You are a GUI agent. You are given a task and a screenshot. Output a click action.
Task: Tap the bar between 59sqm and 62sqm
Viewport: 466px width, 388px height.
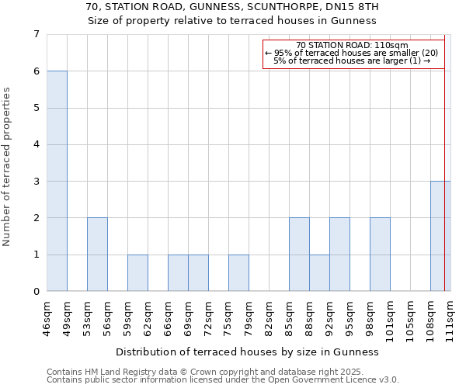coord(137,273)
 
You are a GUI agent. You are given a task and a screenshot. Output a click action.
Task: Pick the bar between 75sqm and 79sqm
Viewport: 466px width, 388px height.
coord(238,273)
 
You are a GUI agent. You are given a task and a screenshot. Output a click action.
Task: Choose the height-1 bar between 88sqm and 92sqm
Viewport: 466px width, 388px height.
coord(319,273)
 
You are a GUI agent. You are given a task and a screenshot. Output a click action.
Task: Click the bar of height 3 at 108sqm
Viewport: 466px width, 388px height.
coord(440,236)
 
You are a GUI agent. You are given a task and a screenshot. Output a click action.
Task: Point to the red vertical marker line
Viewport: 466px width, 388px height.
coord(445,155)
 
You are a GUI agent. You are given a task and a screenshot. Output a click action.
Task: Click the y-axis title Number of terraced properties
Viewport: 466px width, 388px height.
coord(7,167)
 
